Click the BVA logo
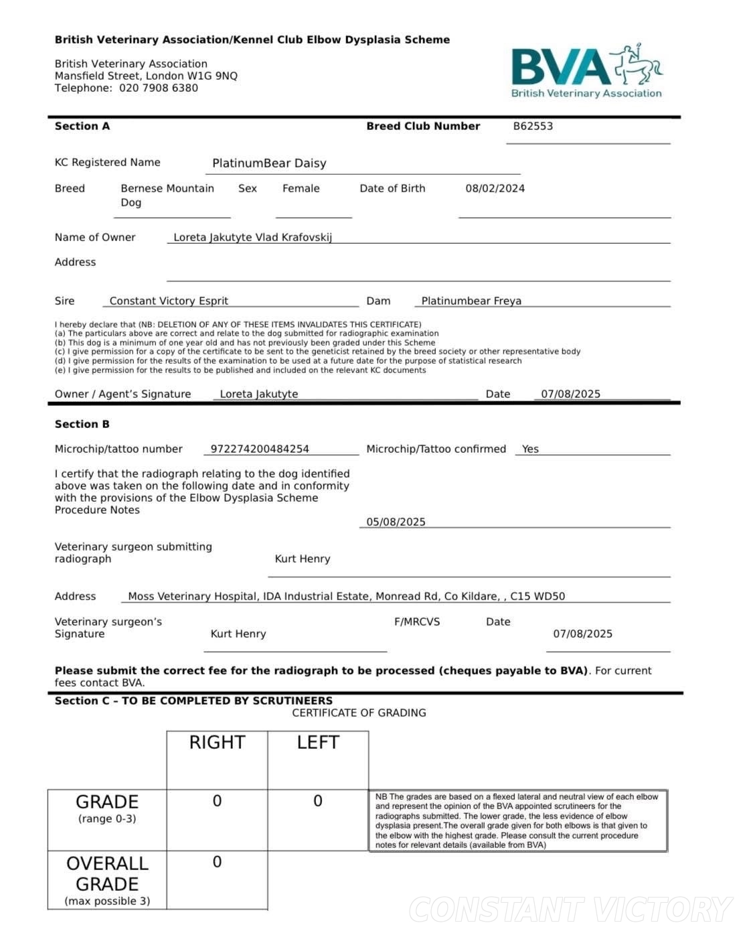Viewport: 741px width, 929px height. (586, 70)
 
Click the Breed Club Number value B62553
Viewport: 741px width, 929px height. (533, 126)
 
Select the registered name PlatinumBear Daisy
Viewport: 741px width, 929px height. (269, 163)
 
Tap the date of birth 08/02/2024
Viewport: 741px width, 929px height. (495, 188)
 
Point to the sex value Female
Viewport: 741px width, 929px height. (301, 188)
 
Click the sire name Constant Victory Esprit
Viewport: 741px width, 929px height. (169, 301)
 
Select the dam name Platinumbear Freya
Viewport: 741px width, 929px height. (471, 301)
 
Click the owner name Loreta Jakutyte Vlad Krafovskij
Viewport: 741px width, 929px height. (252, 237)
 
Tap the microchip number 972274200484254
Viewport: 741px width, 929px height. (260, 449)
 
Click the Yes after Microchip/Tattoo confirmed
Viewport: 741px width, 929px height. (530, 449)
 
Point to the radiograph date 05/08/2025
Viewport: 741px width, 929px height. (396, 522)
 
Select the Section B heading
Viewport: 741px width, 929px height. (82, 424)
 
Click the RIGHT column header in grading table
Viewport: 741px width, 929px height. (217, 742)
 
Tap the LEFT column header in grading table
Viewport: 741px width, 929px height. (318, 742)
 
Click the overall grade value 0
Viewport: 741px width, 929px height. (217, 862)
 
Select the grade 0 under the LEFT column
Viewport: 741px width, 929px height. (318, 801)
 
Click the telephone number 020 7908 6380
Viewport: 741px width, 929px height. (159, 88)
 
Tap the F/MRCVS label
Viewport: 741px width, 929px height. (417, 622)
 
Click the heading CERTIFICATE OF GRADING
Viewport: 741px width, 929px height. (359, 713)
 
